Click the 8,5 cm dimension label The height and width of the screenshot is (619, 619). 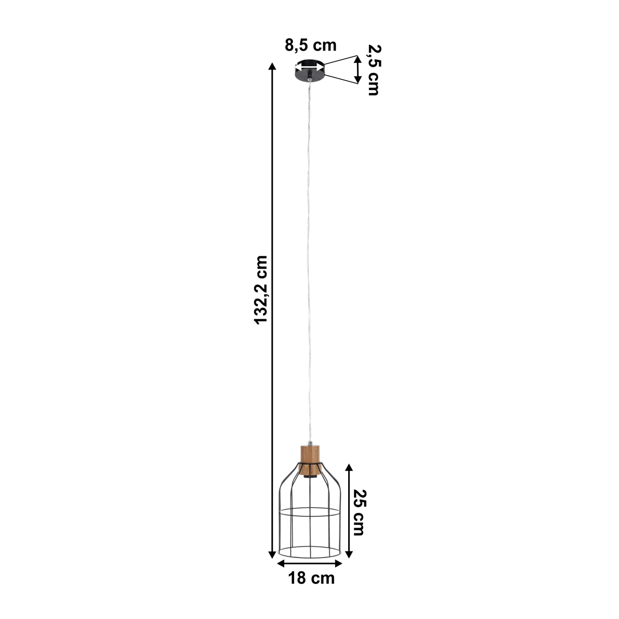pos(311,45)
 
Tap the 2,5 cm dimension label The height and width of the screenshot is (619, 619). pos(373,70)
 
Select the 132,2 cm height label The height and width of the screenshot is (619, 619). pos(262,289)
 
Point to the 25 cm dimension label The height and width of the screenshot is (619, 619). pos(358,512)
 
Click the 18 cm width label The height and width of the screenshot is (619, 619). pos(311,578)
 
